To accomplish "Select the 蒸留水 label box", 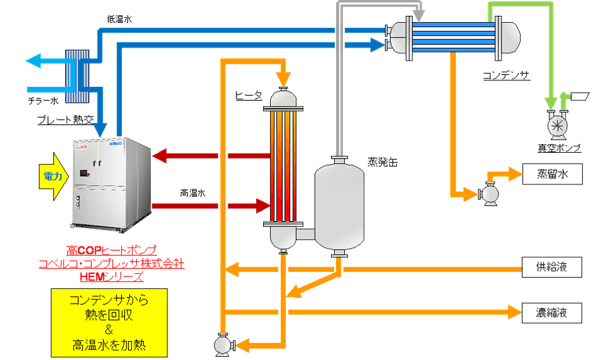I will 551,174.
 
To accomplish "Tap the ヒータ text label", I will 247,96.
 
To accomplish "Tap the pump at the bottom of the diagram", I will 223,344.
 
